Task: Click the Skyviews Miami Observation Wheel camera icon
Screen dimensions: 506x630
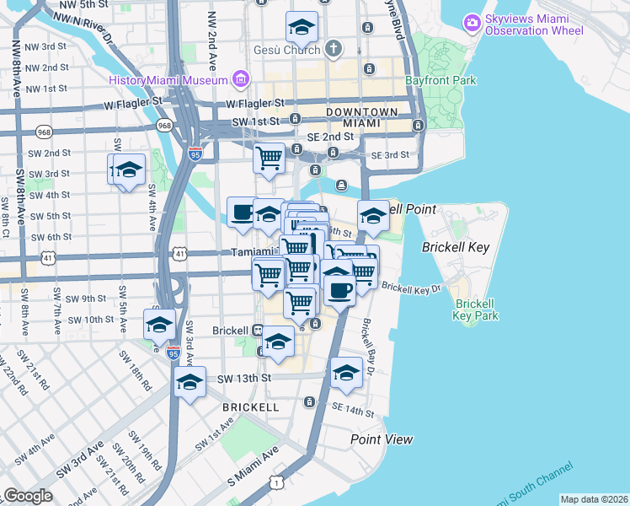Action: pos(472,21)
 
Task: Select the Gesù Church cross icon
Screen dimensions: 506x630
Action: pos(334,50)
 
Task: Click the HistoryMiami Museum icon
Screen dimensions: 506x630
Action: pos(242,80)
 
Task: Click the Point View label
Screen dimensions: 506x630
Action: pos(382,439)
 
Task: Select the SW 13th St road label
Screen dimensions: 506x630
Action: pos(245,379)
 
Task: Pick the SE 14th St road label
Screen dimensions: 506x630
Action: pos(352,408)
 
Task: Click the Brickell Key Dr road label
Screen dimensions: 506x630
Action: pos(411,288)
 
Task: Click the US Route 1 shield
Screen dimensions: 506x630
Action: pos(275,482)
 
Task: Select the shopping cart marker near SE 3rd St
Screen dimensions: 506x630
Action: pos(269,158)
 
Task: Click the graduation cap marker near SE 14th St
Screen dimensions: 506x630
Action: pos(346,374)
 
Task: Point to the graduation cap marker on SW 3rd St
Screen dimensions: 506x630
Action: pos(129,170)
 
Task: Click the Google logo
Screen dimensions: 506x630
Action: pos(28,496)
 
